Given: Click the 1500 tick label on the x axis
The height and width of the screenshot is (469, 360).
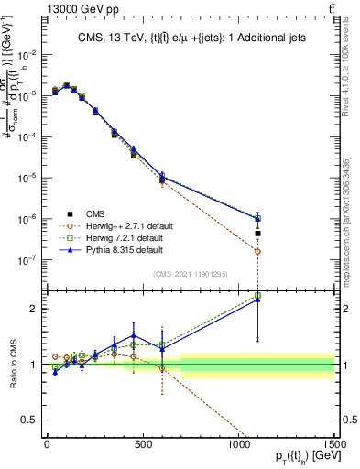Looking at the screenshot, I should click(333, 443).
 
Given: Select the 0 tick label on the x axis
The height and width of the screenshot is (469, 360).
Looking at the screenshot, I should click(47, 443).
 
